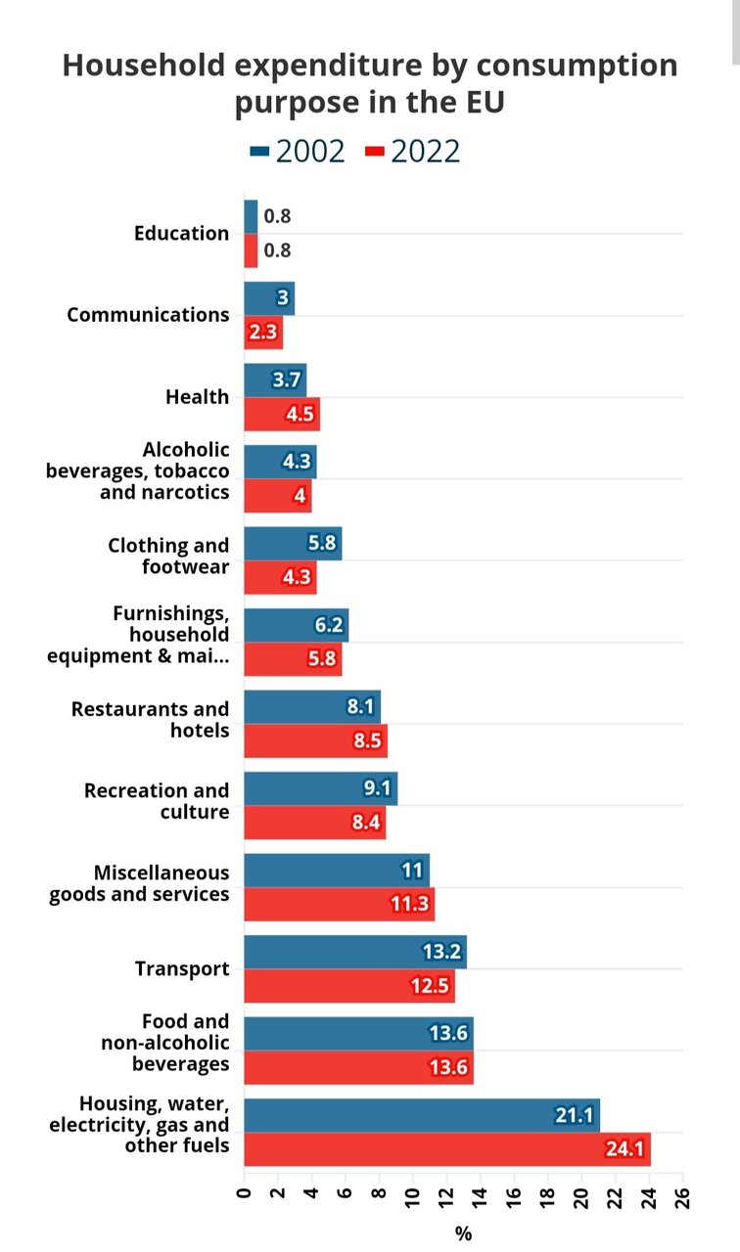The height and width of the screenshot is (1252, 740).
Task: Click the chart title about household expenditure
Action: click(x=370, y=83)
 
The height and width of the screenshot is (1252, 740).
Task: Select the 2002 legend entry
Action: click(x=299, y=152)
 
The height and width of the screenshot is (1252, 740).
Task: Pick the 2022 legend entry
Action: click(x=413, y=152)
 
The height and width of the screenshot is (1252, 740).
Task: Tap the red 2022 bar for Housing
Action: click(x=446, y=1149)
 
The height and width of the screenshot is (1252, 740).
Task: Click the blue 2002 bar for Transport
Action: click(x=354, y=952)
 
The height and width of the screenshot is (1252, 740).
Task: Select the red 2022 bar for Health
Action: click(x=282, y=414)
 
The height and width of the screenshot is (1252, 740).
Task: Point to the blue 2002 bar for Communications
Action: click(x=269, y=298)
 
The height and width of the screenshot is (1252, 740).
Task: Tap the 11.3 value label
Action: click(x=409, y=905)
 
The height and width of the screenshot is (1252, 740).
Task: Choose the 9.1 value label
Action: click(x=376, y=788)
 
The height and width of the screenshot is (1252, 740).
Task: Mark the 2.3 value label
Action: click(x=263, y=333)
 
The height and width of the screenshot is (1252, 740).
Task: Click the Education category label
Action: click(x=181, y=233)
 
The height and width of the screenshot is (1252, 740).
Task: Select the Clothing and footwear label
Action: click(x=168, y=557)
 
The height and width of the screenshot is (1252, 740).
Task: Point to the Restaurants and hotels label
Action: click(x=150, y=720)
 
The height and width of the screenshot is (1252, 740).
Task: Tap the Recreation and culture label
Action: click(x=157, y=801)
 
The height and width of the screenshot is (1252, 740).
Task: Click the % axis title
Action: click(x=463, y=1234)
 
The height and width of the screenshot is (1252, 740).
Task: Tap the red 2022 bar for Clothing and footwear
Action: click(x=280, y=577)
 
